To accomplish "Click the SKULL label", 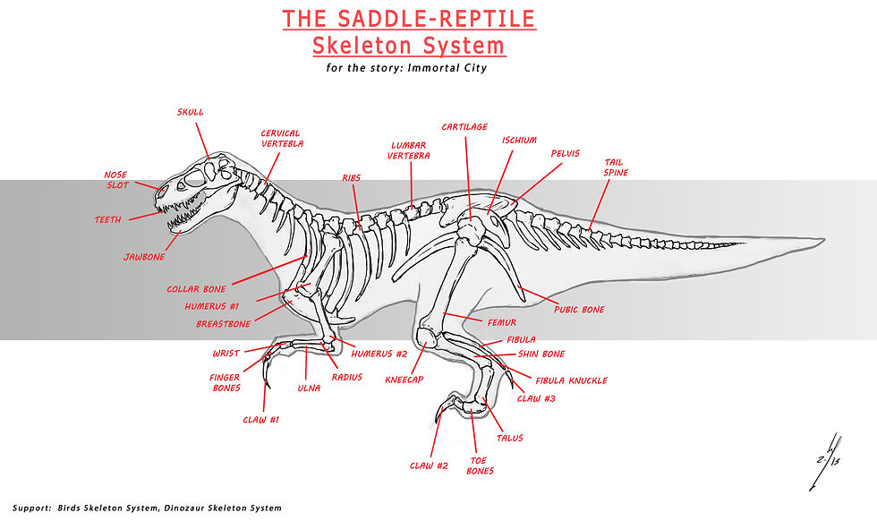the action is pyautogui.click(x=190, y=113).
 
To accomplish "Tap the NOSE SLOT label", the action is pyautogui.click(x=116, y=180).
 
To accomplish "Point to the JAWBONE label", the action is pyautogui.click(x=144, y=257).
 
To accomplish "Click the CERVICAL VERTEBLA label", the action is pyautogui.click(x=281, y=139).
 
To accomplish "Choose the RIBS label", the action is pyautogui.click(x=351, y=178).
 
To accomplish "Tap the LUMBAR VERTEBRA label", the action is pyautogui.click(x=409, y=150).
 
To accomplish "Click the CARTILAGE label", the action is pyautogui.click(x=464, y=127).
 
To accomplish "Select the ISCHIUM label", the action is pyautogui.click(x=519, y=141).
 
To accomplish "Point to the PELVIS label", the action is pyautogui.click(x=565, y=154).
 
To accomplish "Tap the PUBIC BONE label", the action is pyautogui.click(x=578, y=310).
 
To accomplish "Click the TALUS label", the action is pyautogui.click(x=507, y=438).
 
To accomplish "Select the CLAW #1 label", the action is pyautogui.click(x=261, y=419).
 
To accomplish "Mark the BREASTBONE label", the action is pyautogui.click(x=224, y=324).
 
